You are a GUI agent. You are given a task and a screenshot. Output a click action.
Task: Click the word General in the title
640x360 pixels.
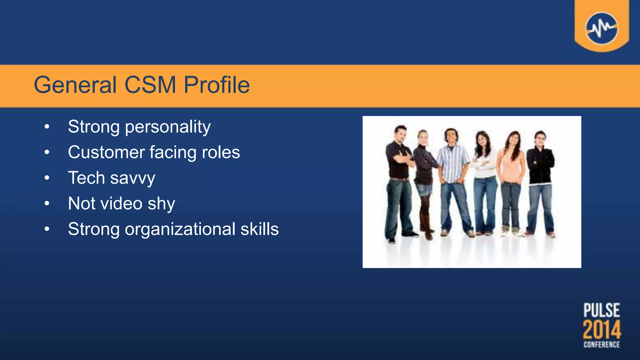pyautogui.click(x=75, y=85)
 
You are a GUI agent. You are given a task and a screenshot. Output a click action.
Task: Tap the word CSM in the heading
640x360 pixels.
pyautogui.click(x=150, y=85)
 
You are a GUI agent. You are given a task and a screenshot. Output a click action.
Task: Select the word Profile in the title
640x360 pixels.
pyautogui.click(x=217, y=85)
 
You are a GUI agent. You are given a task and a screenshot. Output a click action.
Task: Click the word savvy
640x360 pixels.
pyautogui.click(x=132, y=178)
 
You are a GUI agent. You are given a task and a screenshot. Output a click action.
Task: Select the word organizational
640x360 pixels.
pyautogui.click(x=180, y=229)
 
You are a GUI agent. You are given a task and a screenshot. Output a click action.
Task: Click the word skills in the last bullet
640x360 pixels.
pyautogui.click(x=259, y=229)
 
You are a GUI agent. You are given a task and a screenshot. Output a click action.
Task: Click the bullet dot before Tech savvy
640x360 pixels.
pyautogui.click(x=47, y=178)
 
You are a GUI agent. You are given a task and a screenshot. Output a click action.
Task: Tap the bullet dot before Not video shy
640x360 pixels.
pyautogui.click(x=47, y=203)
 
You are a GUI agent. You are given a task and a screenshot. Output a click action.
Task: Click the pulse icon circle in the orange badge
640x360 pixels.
pyautogui.click(x=602, y=28)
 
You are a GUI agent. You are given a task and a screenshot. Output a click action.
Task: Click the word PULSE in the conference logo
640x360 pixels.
pyautogui.click(x=602, y=310)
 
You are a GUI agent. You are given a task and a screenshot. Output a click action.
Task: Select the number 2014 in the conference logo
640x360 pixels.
pyautogui.click(x=602, y=329)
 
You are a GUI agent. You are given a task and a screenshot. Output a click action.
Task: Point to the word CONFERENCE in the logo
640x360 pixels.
pyautogui.click(x=602, y=345)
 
